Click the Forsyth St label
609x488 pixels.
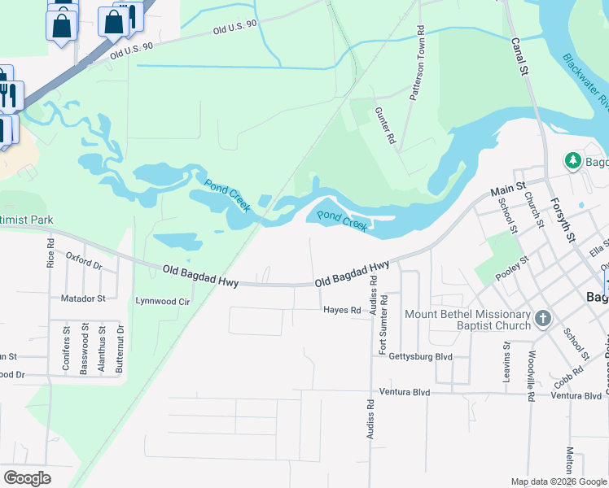562,219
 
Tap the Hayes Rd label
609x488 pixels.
341,310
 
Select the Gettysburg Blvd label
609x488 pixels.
420,356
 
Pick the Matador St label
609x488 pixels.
83,298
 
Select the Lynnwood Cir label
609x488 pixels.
162,301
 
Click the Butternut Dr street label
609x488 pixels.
120,347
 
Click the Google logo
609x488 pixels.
27,478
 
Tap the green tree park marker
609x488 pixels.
573,160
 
